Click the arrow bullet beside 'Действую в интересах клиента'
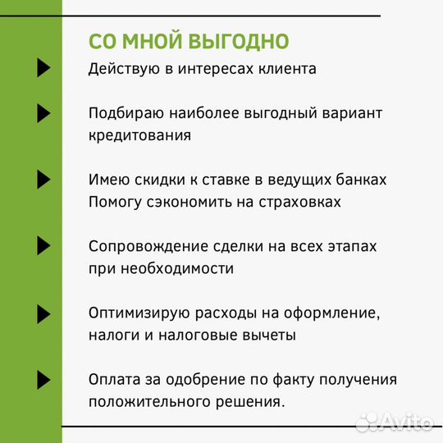pos(44,68)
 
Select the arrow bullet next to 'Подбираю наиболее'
pos(44,112)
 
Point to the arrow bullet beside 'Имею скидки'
pos(44,179)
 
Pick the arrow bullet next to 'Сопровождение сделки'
pos(44,245)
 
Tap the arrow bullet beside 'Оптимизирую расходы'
pos(44,313)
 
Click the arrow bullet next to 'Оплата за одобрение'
pos(44,379)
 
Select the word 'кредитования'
pos(139,135)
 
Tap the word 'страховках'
pos(293,202)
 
